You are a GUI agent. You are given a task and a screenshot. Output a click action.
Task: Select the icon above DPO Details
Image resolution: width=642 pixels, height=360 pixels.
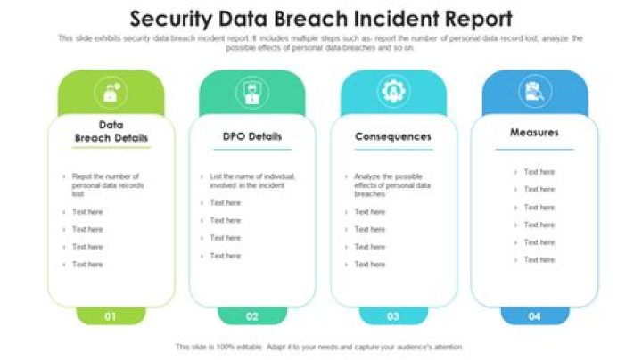pyautogui.click(x=252, y=92)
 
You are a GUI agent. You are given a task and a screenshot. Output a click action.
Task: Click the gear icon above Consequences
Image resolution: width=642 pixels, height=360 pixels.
pyautogui.click(x=392, y=91)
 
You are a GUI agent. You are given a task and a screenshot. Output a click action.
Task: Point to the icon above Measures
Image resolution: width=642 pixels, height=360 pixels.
pyautogui.click(x=534, y=91)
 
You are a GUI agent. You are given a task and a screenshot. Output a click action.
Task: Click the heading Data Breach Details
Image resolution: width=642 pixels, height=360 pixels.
pyautogui.click(x=111, y=132)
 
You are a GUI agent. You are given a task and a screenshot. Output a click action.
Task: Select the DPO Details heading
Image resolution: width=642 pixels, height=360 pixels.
pyautogui.click(x=252, y=137)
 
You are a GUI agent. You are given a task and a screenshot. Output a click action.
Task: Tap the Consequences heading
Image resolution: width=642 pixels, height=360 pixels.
pyautogui.click(x=393, y=137)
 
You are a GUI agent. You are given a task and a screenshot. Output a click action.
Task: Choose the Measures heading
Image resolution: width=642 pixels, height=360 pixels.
pyautogui.click(x=534, y=133)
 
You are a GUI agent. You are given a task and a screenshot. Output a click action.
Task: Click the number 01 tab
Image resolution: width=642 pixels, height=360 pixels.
pyautogui.click(x=111, y=315)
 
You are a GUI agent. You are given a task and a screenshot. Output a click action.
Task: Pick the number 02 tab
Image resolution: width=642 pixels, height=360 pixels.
pyautogui.click(x=252, y=315)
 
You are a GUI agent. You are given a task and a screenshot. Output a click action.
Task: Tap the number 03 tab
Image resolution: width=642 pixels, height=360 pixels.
pyautogui.click(x=393, y=315)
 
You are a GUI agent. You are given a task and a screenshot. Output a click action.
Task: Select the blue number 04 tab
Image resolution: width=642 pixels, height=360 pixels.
pyautogui.click(x=534, y=315)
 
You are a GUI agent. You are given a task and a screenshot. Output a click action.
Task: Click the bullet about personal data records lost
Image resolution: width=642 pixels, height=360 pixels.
pyautogui.click(x=107, y=184)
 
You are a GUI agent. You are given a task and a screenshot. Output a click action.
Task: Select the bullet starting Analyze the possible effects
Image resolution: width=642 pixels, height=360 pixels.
pyautogui.click(x=392, y=184)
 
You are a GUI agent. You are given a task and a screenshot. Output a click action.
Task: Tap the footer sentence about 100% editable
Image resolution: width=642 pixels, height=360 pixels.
pyautogui.click(x=319, y=347)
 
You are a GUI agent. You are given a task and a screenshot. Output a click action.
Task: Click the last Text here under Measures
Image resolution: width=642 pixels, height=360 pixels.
pyautogui.click(x=539, y=260)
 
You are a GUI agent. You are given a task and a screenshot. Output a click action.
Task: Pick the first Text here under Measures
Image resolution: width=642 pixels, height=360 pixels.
pyautogui.click(x=539, y=172)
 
